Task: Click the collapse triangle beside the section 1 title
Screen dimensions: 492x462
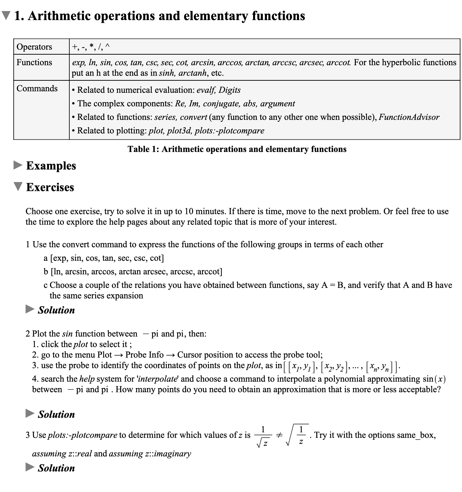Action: (6, 16)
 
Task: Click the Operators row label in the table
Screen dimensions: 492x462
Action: (34, 47)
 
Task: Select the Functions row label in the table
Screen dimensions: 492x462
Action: (34, 62)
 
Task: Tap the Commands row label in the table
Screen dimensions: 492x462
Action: (37, 89)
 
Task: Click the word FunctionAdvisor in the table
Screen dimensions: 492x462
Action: (409, 117)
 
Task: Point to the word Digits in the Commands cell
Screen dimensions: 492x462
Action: (229, 90)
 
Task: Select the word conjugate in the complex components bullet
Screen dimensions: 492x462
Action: (223, 104)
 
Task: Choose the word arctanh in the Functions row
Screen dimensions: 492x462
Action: (193, 73)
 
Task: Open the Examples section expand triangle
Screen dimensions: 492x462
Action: (18, 165)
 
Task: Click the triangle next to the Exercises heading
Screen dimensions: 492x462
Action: (18, 187)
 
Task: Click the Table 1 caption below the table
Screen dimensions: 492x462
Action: (237, 149)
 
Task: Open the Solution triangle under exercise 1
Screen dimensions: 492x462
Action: (30, 309)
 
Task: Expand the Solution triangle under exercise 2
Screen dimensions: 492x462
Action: (30, 413)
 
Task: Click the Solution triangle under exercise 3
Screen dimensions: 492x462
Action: (30, 467)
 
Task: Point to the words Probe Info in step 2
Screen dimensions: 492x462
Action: (144, 355)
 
